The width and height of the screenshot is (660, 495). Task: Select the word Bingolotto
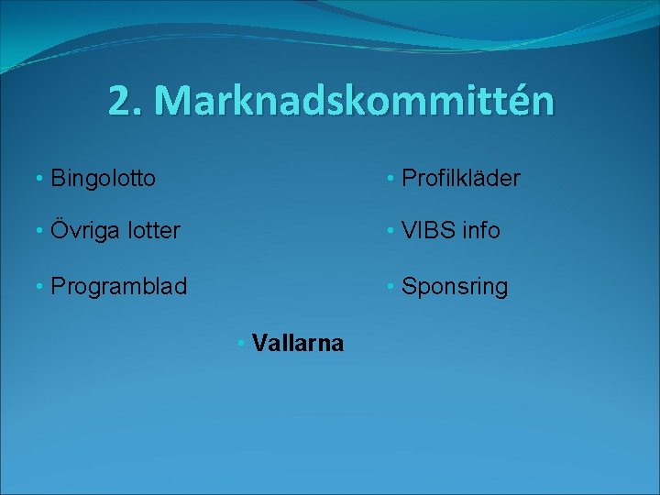pos(103,177)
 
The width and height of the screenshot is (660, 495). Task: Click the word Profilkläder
pos(461,177)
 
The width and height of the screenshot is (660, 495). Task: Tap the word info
pos(481,230)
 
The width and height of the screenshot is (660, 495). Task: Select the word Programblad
pos(118,286)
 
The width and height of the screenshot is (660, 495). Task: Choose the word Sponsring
pos(455,286)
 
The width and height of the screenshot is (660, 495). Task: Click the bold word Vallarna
pos(298,344)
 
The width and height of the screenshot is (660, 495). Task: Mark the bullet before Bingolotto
pos(39,177)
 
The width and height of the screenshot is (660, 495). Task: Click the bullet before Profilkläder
pos(390,177)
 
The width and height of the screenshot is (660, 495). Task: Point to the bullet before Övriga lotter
pos(39,230)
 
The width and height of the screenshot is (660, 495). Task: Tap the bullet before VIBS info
pos(390,230)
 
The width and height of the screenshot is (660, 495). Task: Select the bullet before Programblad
pos(39,286)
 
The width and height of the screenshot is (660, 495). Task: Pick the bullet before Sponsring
pos(390,286)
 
